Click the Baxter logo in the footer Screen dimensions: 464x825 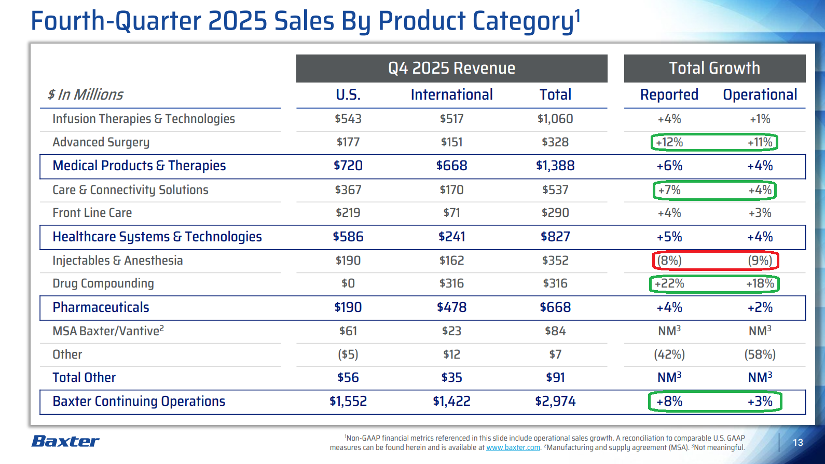coord(65,441)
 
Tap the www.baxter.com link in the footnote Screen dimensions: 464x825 coord(513,447)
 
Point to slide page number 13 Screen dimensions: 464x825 coord(798,442)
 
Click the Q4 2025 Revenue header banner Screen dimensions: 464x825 coord(451,69)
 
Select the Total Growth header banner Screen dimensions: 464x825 coord(714,69)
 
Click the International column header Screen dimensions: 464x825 coord(451,94)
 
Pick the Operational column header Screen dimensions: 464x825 coord(760,94)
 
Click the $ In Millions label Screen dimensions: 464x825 coord(86,94)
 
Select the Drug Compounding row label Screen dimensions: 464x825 coord(103,283)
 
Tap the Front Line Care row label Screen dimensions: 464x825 coord(92,213)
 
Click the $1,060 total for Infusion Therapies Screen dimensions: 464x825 coord(555,119)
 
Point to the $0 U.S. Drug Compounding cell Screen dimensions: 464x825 coord(348,283)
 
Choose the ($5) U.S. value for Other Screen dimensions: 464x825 coord(348,354)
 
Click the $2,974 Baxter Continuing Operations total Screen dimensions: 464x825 coord(555,401)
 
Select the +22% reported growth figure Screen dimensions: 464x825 coord(669,283)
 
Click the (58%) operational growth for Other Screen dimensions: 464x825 coord(760,354)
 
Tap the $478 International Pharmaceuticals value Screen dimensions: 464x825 coord(451,307)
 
